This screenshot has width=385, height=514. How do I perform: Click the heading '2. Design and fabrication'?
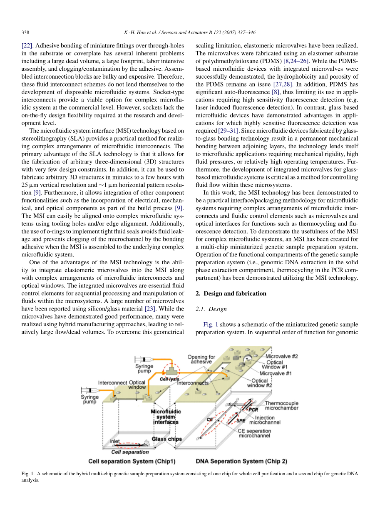pos(231,293)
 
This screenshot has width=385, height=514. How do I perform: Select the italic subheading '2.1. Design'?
pos(211,309)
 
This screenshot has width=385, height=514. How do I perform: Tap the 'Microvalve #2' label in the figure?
pos(282,356)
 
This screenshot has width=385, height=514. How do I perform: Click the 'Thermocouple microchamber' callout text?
pos(282,405)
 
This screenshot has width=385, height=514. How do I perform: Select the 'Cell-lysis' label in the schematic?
pos(169,379)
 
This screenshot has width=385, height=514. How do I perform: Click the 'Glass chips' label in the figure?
pos(166,439)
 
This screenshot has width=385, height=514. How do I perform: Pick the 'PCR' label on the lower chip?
pos(253,410)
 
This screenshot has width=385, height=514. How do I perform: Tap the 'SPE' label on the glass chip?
pos(241,421)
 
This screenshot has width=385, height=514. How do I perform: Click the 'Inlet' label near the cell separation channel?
pos(114,441)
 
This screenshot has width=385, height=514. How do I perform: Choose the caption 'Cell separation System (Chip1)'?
pos(132,461)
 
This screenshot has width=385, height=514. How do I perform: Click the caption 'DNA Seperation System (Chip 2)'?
pos(241,461)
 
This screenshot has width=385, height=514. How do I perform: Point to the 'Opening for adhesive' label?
pos(201,359)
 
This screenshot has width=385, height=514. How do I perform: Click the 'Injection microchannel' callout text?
pos(265,420)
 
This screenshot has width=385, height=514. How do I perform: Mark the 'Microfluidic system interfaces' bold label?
pos(166,417)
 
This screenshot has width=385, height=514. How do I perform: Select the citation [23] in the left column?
pos(149,309)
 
